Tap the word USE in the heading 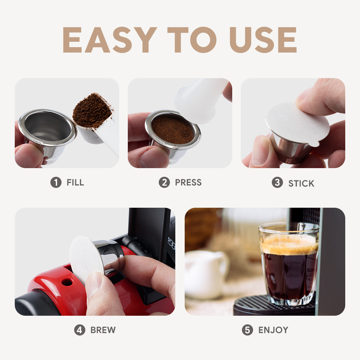pyautogui.click(x=263, y=40)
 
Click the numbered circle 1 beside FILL pyautogui.click(x=56, y=183)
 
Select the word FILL pyautogui.click(x=75, y=183)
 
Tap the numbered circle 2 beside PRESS pyautogui.click(x=165, y=183)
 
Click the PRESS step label pyautogui.click(x=188, y=183)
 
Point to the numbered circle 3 pyautogui.click(x=277, y=183)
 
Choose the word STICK pyautogui.click(x=301, y=184)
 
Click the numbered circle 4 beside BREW pyautogui.click(x=80, y=330)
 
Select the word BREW pyautogui.click(x=103, y=330)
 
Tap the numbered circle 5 pyautogui.click(x=248, y=330)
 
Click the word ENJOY pyautogui.click(x=273, y=330)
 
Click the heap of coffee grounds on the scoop pyautogui.click(x=91, y=111)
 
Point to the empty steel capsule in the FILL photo pyautogui.click(x=47, y=133)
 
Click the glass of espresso pyautogui.click(x=289, y=264)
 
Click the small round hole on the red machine pyautogui.click(x=67, y=282)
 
